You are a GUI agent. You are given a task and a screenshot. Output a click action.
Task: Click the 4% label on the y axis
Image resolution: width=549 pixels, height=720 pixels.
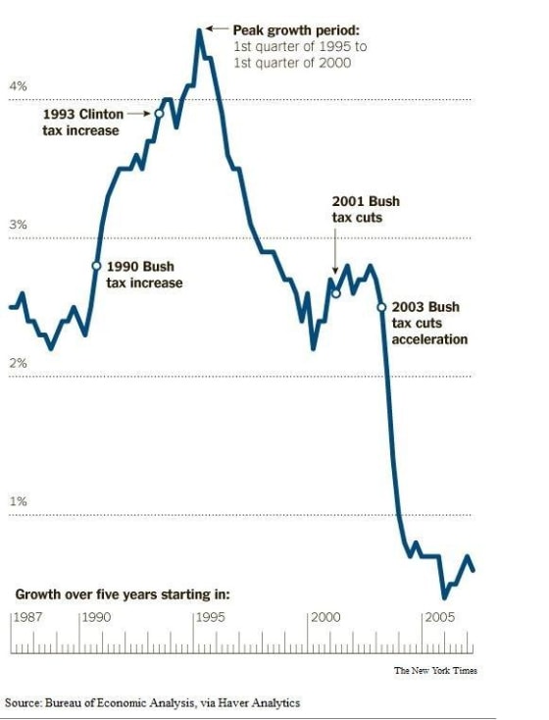pyautogui.click(x=18, y=86)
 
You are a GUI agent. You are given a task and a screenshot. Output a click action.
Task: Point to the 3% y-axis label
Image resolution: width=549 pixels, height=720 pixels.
pyautogui.click(x=18, y=225)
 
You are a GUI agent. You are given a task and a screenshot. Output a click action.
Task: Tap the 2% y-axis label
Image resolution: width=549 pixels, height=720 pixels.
pyautogui.click(x=18, y=363)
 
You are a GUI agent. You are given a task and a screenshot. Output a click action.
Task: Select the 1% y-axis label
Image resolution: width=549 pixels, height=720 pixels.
pyautogui.click(x=18, y=501)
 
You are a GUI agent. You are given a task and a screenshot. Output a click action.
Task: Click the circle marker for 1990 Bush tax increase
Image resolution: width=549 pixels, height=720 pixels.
pyautogui.click(x=96, y=266)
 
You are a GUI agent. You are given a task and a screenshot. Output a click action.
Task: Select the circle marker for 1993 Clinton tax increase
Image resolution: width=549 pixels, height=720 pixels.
pyautogui.click(x=159, y=114)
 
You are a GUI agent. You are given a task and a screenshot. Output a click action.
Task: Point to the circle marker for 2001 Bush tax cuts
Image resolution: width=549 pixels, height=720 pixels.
pyautogui.click(x=335, y=292)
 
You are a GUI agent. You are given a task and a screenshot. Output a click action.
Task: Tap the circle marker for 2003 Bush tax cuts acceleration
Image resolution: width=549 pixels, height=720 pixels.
pyautogui.click(x=381, y=307)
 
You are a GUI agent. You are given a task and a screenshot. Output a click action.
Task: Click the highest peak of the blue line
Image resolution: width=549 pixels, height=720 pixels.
pyautogui.click(x=200, y=30)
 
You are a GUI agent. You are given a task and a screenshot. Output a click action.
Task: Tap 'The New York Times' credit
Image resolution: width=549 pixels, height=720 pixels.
pyautogui.click(x=435, y=671)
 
